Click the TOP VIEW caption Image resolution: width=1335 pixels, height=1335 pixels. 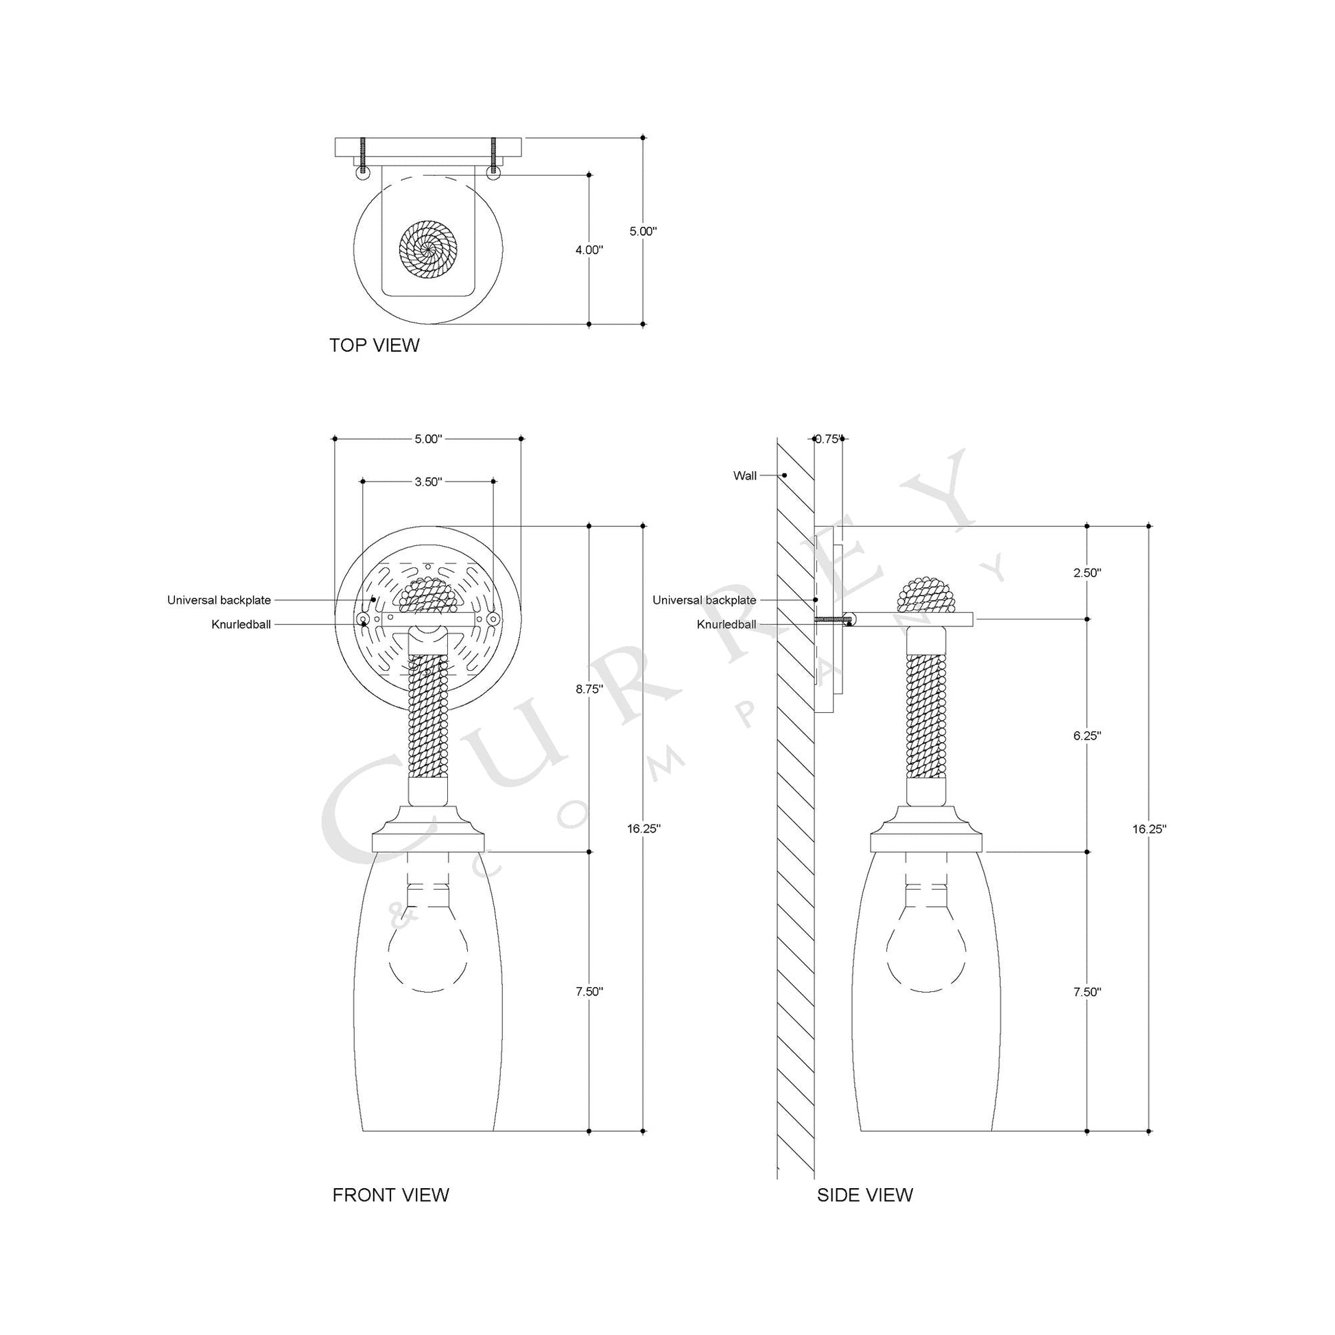click(x=375, y=346)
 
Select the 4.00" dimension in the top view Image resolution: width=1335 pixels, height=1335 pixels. click(x=589, y=250)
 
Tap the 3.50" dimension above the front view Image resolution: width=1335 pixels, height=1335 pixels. click(x=427, y=482)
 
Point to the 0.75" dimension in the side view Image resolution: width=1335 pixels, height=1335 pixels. click(x=828, y=438)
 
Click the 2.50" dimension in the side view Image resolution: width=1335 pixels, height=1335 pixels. click(x=1087, y=573)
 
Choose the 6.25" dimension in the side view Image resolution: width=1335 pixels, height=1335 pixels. click(x=1087, y=736)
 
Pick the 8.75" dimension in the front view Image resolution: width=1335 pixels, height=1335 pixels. click(x=589, y=689)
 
